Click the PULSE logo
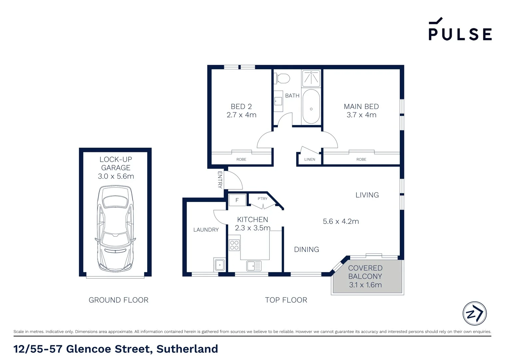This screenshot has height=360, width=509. point(460,30)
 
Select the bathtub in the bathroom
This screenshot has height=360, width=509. point(311,106)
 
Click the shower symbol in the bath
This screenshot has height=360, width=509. point(311,78)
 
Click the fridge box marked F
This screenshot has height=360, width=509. point(237,200)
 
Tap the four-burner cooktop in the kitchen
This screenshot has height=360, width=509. point(234,245)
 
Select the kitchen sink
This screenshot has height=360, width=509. point(254,266)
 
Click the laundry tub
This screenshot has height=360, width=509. point(220,265)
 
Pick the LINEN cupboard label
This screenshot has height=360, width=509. point(309,159)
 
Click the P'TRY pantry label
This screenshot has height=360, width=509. point(262,199)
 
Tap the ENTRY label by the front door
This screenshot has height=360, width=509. point(220,180)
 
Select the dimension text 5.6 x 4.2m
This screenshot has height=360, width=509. point(341,221)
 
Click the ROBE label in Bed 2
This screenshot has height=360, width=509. point(241,159)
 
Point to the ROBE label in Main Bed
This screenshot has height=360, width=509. point(361,159)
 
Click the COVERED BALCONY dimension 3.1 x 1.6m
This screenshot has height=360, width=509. point(365,285)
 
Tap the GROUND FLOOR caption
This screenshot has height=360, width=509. point(119,300)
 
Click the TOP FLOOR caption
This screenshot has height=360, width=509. point(286,300)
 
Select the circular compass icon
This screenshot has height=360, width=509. point(475,313)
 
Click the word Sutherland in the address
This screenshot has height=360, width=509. point(187,349)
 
